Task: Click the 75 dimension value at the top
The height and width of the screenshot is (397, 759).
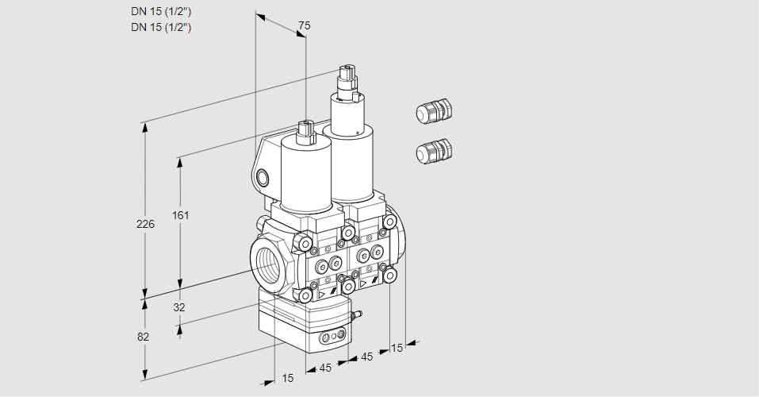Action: [x=303, y=26]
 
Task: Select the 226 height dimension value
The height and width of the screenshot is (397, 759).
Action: [x=145, y=224]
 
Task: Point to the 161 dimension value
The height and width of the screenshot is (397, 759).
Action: [x=182, y=215]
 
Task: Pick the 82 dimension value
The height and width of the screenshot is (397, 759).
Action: [x=143, y=337]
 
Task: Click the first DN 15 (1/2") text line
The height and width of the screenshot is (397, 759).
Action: [x=162, y=11]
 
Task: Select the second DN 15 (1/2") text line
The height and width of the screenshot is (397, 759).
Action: [x=162, y=27]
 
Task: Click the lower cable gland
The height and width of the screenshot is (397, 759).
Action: [x=434, y=150]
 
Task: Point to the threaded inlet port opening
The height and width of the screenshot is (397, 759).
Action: [x=267, y=262]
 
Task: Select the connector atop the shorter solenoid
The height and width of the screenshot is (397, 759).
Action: [x=307, y=132]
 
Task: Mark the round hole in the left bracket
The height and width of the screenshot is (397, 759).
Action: [x=264, y=177]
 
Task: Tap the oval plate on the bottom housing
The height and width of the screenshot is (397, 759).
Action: [x=331, y=339]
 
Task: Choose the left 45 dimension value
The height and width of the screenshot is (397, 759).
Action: [x=325, y=368]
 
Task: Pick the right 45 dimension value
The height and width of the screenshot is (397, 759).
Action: [x=366, y=357]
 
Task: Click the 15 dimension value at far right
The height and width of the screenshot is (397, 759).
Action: [x=397, y=348]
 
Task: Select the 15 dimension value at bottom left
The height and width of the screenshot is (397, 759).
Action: [x=287, y=379]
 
